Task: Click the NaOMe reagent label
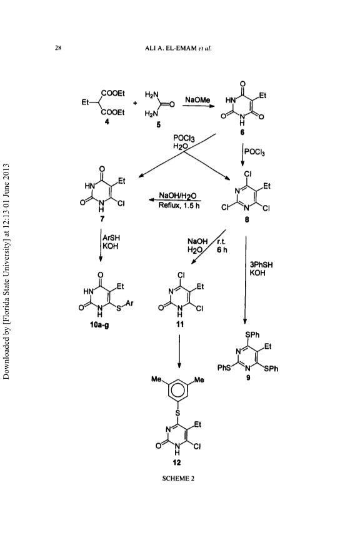[197, 100]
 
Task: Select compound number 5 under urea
[159, 125]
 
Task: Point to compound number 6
[242, 132]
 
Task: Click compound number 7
[102, 218]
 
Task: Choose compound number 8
[247, 219]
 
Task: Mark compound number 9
[248, 377]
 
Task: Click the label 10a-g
[99, 324]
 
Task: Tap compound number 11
[180, 324]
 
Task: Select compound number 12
[177, 462]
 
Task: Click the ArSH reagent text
[111, 237]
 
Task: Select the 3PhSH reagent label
[261, 265]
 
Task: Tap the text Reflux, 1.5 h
[179, 206]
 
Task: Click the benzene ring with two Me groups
[177, 389]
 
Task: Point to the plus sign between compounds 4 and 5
[135, 103]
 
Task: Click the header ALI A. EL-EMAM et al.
[177, 48]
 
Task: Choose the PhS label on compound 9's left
[224, 367]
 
